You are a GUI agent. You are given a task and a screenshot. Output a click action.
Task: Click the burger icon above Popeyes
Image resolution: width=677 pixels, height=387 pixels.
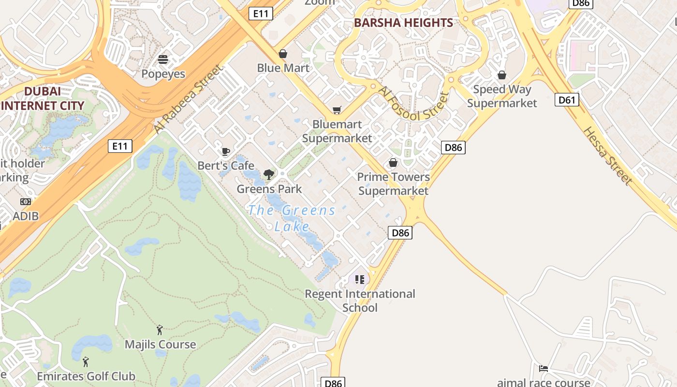[x=163, y=60]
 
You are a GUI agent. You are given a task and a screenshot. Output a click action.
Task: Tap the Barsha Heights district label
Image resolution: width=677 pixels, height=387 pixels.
[x=403, y=23]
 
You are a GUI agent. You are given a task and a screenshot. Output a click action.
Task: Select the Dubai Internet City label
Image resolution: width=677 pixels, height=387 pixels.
[x=42, y=98]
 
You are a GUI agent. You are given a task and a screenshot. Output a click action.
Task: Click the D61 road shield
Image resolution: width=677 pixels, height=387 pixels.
[x=567, y=100]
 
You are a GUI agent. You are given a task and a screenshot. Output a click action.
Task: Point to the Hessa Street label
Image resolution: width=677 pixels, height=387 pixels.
[x=607, y=155]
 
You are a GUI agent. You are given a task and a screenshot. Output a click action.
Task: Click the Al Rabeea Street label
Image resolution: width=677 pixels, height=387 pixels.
[x=190, y=99]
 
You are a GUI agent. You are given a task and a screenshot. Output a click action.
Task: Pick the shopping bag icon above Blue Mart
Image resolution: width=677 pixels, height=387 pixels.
[x=283, y=54]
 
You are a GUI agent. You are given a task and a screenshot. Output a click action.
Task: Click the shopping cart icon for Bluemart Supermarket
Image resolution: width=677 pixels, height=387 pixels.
[x=337, y=110]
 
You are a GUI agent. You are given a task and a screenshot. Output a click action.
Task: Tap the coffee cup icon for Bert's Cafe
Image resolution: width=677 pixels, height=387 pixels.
[x=225, y=151]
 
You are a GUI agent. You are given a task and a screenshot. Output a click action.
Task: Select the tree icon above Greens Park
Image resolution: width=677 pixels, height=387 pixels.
[x=268, y=175]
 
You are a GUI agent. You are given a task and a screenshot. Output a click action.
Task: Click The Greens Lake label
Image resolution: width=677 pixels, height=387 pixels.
[x=292, y=218]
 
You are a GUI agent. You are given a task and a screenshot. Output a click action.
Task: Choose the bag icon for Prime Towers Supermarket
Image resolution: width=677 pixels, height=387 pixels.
[x=393, y=163]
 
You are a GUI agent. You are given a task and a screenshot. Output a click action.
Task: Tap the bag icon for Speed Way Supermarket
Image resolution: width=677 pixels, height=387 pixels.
[x=502, y=75]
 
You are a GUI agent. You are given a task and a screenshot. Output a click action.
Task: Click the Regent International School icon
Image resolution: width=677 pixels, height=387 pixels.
[x=359, y=279]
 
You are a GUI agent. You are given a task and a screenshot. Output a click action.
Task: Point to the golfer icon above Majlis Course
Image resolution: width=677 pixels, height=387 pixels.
[x=160, y=330]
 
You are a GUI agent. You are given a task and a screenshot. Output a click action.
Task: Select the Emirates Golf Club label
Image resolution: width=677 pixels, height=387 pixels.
[x=86, y=376]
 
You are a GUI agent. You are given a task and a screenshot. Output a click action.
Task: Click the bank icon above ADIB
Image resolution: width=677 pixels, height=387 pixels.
[x=26, y=202]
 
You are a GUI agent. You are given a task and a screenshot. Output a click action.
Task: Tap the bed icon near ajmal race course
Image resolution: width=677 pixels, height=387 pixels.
[x=544, y=369]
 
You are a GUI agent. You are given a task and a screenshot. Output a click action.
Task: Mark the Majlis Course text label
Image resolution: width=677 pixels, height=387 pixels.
[x=161, y=344]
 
